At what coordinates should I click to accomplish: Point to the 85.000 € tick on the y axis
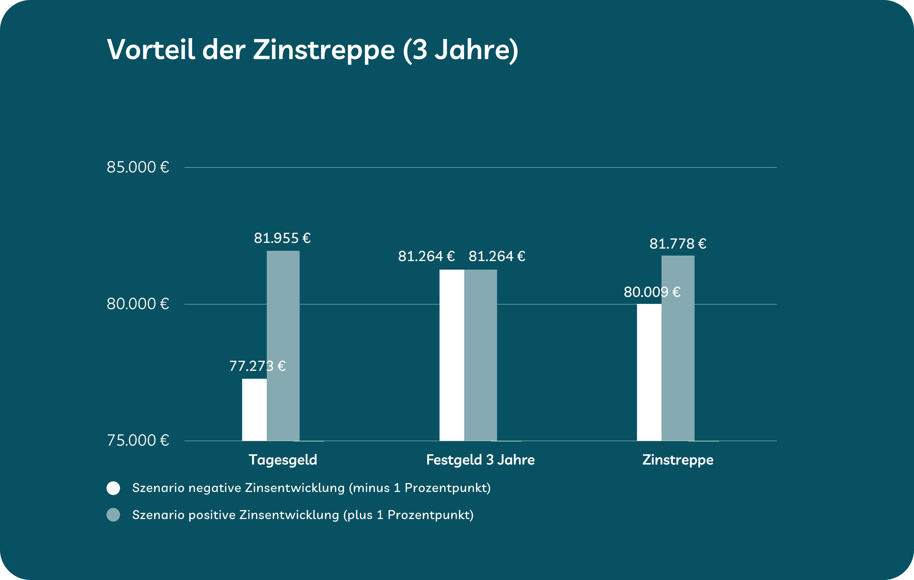137,167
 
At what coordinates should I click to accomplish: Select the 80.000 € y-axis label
137,304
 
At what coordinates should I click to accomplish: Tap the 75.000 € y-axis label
137,440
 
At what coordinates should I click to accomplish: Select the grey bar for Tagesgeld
283,346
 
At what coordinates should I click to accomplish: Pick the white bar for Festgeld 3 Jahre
452,355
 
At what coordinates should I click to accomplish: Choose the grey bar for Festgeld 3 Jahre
480,355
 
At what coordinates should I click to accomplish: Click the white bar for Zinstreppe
649,372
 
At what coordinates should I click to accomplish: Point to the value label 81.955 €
282,238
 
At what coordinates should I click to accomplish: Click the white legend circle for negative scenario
113,488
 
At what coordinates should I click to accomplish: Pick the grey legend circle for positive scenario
113,515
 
